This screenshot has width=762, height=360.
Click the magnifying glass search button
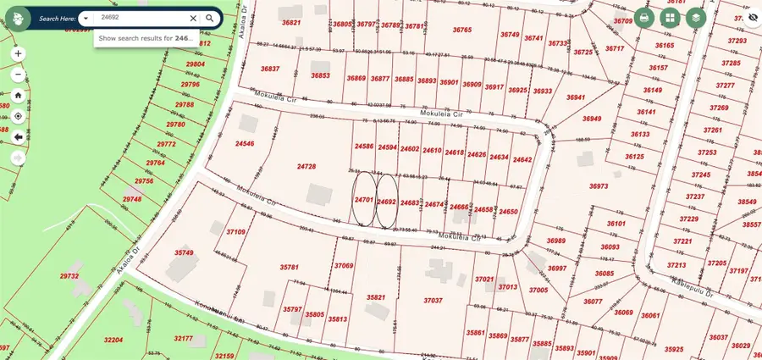coord(209,17)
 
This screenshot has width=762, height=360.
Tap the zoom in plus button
coord(18,53)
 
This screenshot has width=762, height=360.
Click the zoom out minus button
coord(18,74)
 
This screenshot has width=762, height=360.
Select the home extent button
coord(18,95)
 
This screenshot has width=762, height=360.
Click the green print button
coord(644,17)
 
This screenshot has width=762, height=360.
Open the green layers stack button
coord(696,17)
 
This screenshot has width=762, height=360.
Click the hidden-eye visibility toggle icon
coord(751,17)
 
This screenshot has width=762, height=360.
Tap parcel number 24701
coord(364,200)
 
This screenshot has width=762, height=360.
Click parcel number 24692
coord(386,201)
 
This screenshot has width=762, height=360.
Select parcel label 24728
coord(306,167)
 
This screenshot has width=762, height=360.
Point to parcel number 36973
coord(599,186)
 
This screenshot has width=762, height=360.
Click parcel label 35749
coord(184,252)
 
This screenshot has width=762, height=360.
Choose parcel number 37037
coord(433,300)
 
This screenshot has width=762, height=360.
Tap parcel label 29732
coord(69,276)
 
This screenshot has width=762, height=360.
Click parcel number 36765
coord(462,30)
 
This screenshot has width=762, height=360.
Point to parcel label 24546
coord(245,144)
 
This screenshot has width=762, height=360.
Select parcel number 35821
coord(376,297)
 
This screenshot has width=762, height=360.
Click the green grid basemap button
coord(670,17)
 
